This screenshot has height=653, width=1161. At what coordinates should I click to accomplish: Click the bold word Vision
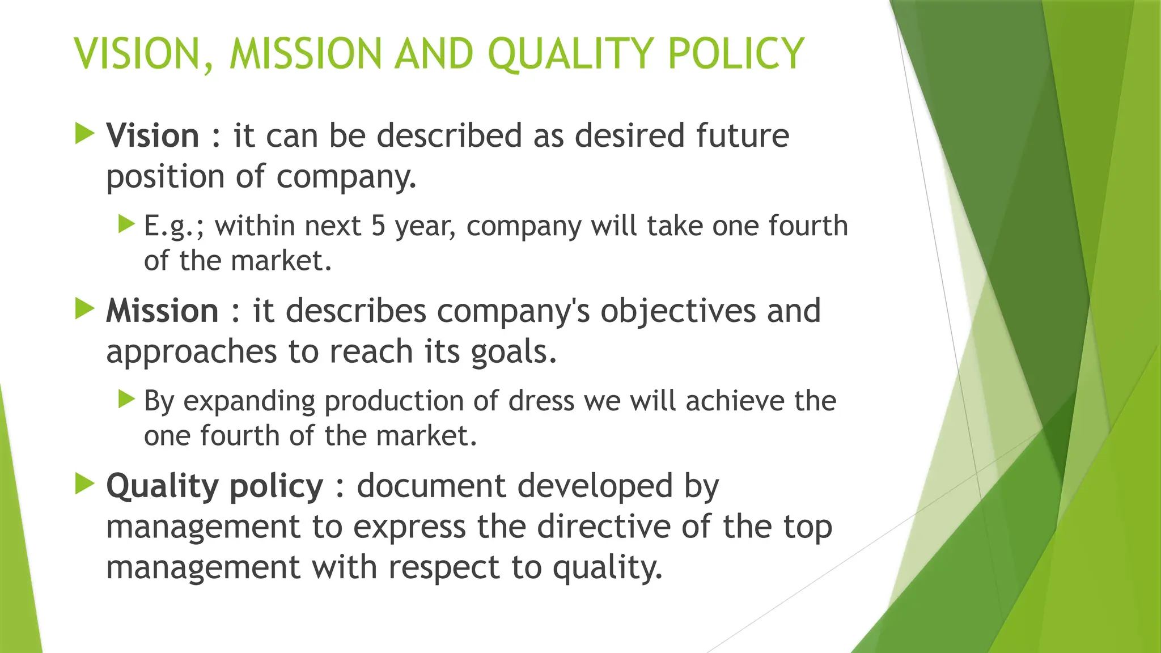coord(152,136)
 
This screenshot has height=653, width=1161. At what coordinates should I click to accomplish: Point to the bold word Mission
coord(162,311)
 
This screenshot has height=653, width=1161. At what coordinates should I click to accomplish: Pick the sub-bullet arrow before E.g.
coord(126,224)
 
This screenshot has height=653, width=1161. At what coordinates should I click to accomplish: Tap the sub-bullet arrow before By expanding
coord(126,399)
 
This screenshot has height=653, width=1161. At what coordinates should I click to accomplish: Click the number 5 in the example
coord(378,226)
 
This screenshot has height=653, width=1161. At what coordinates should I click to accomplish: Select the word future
coord(742,136)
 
